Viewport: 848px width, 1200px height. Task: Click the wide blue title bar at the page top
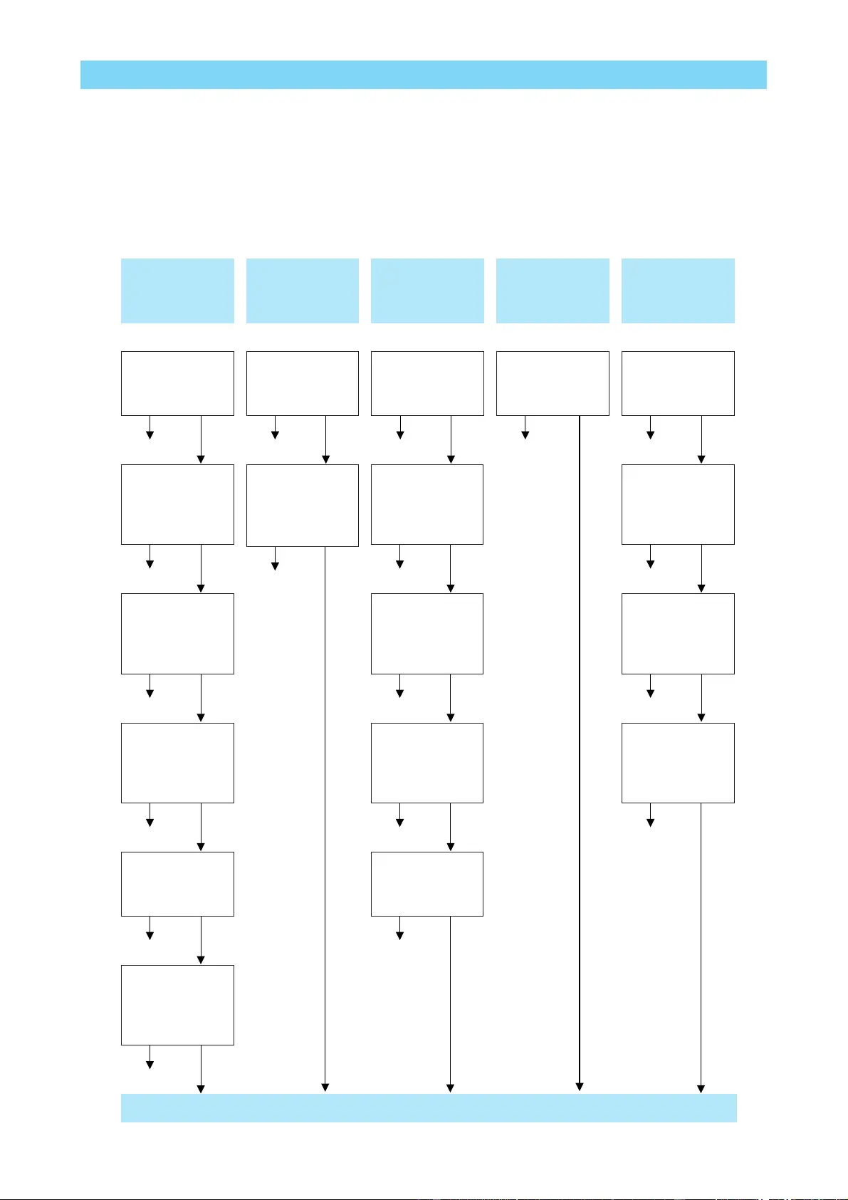[423, 75]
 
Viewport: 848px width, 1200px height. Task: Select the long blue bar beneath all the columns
[429, 1108]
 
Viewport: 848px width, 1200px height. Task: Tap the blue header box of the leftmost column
[177, 291]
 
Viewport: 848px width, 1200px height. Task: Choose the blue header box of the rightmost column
[678, 291]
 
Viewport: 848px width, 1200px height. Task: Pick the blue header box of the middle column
[427, 291]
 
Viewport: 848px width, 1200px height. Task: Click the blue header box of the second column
[303, 291]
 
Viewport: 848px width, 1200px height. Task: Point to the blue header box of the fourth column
[553, 291]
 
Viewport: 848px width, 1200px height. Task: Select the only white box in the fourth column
[553, 383]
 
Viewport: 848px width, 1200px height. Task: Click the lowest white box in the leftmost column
[177, 1005]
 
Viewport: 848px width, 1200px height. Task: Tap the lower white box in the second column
[303, 506]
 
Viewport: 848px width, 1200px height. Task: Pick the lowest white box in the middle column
[427, 884]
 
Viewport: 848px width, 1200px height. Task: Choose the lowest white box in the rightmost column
[678, 763]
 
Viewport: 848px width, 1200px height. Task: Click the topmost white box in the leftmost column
[177, 383]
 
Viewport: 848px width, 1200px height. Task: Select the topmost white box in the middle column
[427, 383]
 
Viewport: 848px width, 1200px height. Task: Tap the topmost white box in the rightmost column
[678, 383]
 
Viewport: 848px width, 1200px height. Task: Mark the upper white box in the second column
[303, 383]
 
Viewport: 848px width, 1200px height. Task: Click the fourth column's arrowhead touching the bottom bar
[580, 1087]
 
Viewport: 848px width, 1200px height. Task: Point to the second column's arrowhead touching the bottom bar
[325, 1087]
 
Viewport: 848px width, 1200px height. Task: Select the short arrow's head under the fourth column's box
[525, 435]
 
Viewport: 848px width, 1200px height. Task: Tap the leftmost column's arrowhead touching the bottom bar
[201, 1089]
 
